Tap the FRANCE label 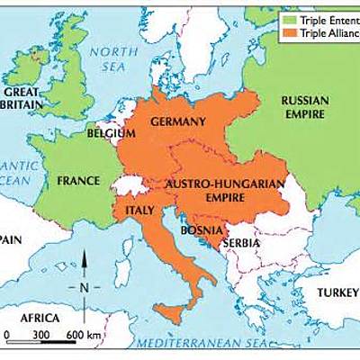(x=78, y=180)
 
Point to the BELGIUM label (x=112, y=134)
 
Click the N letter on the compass (x=84, y=288)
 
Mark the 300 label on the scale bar (x=40, y=334)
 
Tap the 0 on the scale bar (x=7, y=334)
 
